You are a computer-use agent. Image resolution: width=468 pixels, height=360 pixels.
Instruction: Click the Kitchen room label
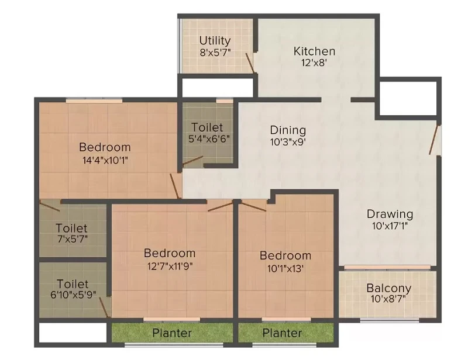[x=314, y=51]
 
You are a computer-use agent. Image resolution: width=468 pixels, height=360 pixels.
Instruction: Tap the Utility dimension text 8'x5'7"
[x=215, y=53]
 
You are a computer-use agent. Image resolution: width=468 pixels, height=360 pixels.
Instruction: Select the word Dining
[x=288, y=130]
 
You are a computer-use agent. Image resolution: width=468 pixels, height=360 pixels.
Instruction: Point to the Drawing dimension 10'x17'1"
[x=390, y=226]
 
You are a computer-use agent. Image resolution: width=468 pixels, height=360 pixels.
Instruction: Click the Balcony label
[x=389, y=289]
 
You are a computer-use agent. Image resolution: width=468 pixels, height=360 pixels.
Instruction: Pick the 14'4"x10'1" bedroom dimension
[x=105, y=161]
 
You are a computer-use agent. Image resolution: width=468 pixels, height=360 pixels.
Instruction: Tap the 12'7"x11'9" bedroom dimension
[x=170, y=265]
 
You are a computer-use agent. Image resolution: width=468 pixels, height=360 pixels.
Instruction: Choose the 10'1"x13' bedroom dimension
[x=285, y=268]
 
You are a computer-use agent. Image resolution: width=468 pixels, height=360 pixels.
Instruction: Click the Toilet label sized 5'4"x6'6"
[x=207, y=127]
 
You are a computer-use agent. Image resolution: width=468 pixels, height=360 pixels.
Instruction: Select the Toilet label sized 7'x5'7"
[x=71, y=228]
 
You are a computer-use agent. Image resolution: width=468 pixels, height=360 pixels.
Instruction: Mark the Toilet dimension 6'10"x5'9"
[x=73, y=295]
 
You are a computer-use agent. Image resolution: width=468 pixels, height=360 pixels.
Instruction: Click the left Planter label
[x=172, y=333]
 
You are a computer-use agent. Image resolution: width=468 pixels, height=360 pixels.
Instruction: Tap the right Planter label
[x=282, y=333]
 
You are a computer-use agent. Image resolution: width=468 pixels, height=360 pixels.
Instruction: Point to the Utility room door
[x=250, y=63]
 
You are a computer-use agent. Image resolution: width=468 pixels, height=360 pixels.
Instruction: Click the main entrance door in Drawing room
[x=434, y=140]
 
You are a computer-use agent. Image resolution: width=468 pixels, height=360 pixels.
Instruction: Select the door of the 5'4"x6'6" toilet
[x=192, y=161]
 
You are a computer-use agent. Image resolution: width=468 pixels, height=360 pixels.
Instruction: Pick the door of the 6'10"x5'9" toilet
[x=104, y=307]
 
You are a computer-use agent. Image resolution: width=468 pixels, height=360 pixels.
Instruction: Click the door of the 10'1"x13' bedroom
[x=253, y=207]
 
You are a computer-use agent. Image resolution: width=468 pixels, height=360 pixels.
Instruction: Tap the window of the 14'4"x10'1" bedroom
[x=94, y=101]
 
